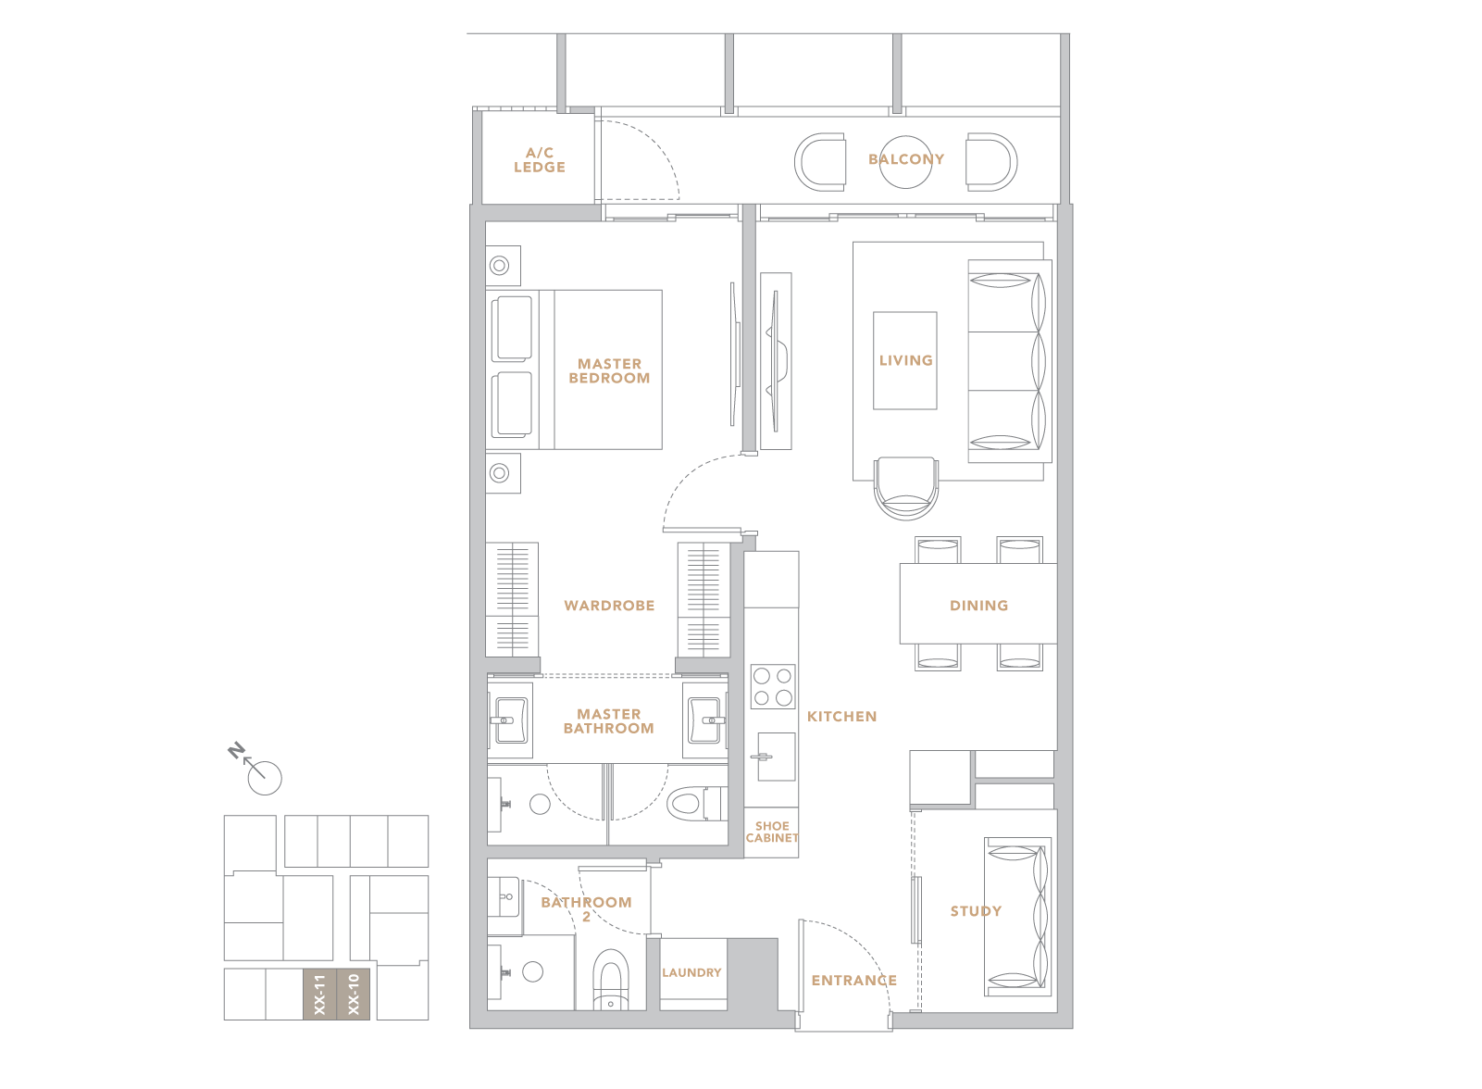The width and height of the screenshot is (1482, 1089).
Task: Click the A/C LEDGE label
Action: (x=540, y=160)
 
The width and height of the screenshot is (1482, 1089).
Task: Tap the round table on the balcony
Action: (x=905, y=162)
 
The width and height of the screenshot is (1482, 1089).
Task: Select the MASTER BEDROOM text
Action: (x=609, y=370)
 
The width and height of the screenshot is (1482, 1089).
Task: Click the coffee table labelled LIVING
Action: (x=905, y=361)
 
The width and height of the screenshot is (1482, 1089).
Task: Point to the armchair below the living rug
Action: (x=905, y=489)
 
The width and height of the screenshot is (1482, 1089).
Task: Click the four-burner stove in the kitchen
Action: (x=773, y=686)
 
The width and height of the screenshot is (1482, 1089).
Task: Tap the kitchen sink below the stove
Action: (x=776, y=757)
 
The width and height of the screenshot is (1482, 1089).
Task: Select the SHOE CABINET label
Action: (x=772, y=832)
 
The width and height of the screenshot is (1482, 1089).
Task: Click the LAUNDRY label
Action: (x=691, y=972)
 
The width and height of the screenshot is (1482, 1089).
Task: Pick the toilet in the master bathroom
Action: (x=697, y=804)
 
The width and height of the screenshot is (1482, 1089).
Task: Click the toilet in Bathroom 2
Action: (x=610, y=981)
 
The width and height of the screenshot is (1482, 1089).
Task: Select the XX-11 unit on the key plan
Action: (x=319, y=995)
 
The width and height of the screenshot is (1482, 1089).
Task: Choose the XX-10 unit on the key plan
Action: (x=354, y=995)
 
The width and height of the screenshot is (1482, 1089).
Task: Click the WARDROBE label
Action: (x=609, y=606)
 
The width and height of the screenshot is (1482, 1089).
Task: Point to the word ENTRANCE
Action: (x=854, y=981)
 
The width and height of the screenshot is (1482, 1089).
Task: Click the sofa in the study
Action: (x=1017, y=917)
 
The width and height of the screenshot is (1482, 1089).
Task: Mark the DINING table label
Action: (x=978, y=606)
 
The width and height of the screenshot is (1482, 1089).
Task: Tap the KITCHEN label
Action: (x=841, y=717)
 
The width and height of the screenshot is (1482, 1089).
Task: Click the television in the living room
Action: (x=775, y=361)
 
